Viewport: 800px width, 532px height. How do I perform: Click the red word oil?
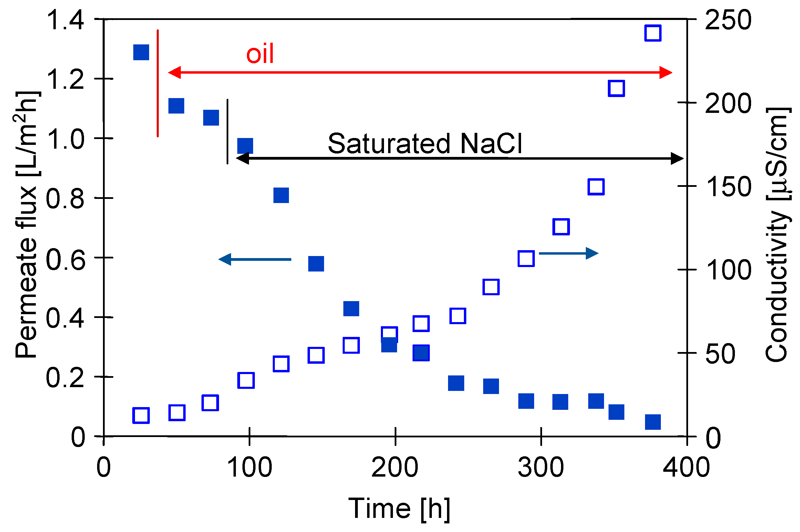260,54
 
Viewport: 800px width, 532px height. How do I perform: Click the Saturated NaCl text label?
425,143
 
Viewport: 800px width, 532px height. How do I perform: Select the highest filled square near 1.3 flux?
141,52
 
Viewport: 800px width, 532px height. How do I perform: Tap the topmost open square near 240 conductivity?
653,33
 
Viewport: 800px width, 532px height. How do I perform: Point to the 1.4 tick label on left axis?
65,20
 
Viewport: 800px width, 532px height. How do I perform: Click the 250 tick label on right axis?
728,20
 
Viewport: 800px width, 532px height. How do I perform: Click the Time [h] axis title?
399,509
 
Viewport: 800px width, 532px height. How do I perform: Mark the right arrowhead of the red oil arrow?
665,73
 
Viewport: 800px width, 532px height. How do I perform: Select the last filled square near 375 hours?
653,422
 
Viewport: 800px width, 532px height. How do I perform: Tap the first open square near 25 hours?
141,415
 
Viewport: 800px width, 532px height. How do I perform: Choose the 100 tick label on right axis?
728,270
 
